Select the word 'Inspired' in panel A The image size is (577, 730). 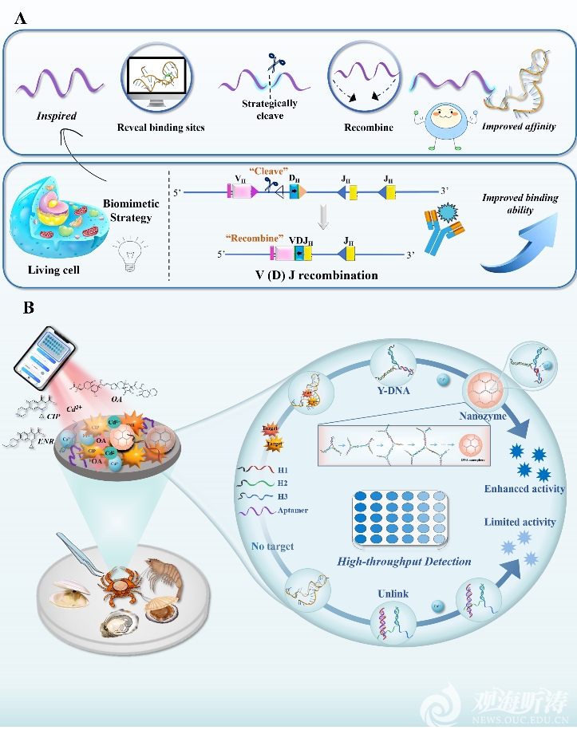coord(57,116)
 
